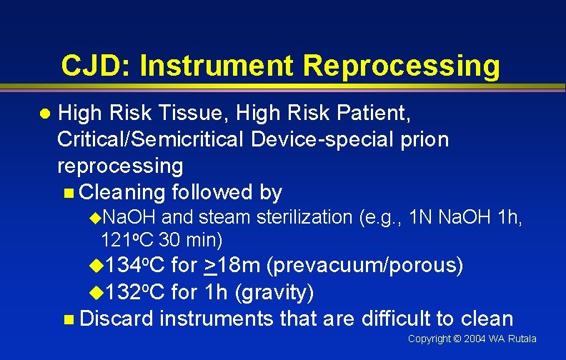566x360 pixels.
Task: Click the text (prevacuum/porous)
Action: (364, 266)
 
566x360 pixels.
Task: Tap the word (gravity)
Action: (275, 292)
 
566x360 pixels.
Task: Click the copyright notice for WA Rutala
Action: (472, 339)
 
